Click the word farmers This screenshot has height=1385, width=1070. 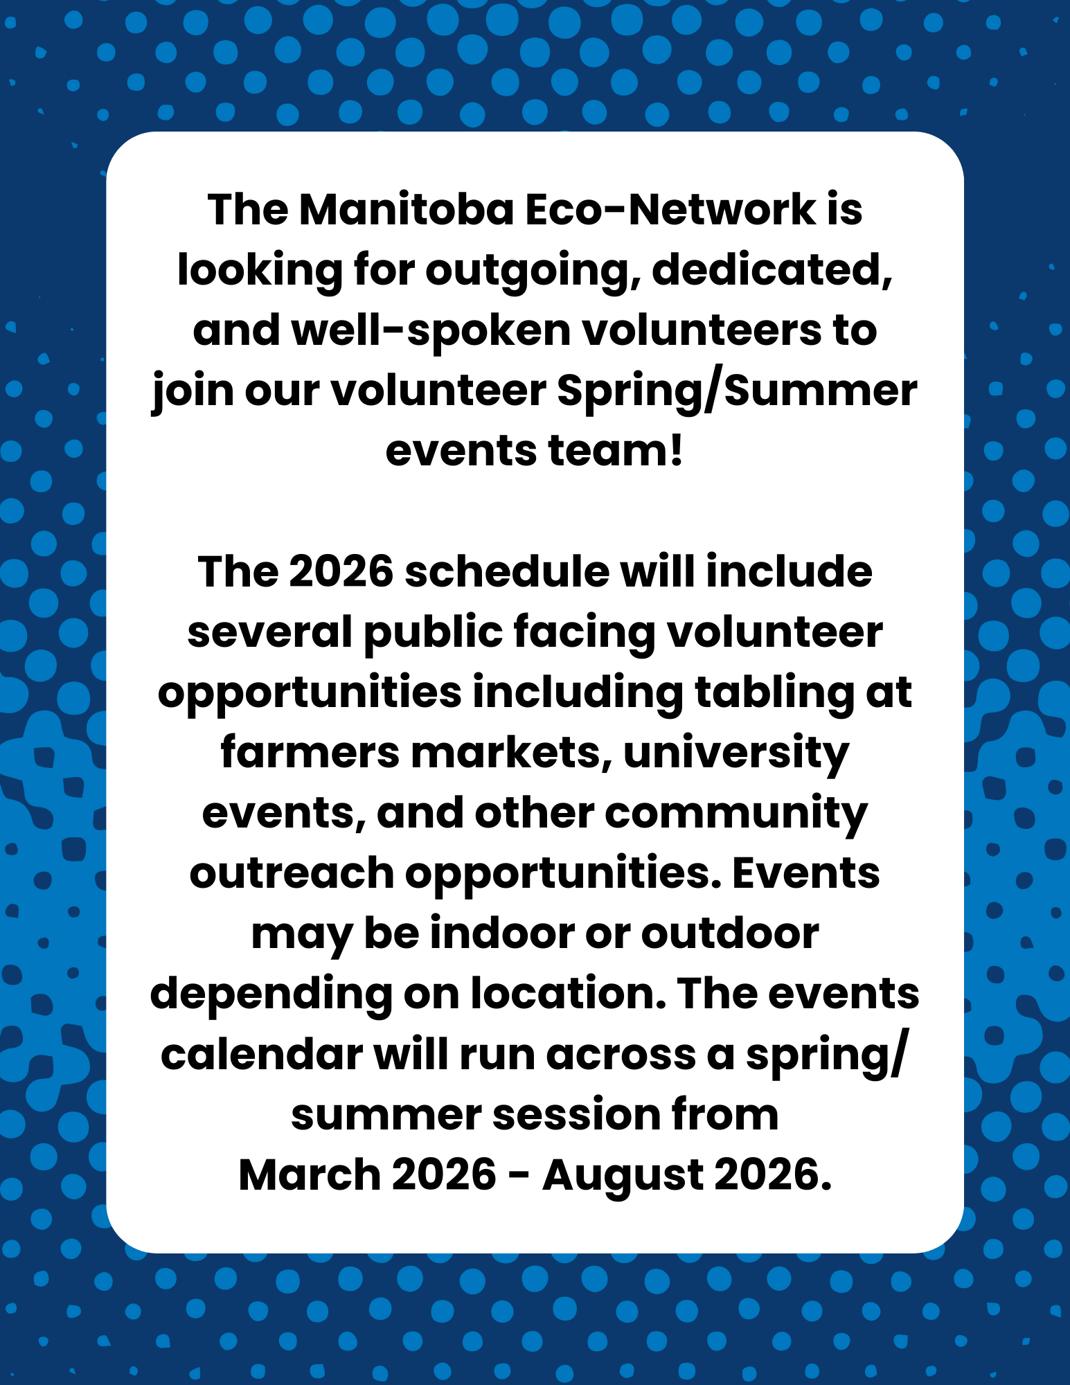310,753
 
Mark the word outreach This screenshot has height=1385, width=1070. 292,873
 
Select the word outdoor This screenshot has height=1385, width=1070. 730,933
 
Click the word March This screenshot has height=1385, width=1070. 310,1175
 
